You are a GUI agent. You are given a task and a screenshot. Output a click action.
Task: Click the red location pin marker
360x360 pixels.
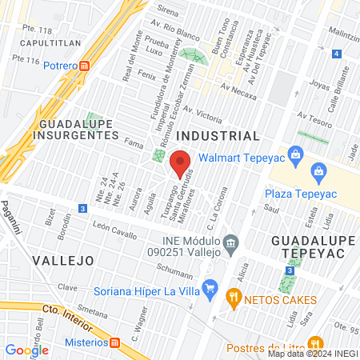pos(182,162)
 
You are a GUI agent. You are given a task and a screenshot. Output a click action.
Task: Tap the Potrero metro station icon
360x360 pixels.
pos(96,65)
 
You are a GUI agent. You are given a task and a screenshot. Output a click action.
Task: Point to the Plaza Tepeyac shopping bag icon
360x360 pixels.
pos(318,170)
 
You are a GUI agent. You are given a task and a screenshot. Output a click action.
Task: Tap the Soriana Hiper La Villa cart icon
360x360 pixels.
pos(210,286)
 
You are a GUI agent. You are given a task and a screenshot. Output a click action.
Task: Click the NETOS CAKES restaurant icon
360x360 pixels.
pos(234,300)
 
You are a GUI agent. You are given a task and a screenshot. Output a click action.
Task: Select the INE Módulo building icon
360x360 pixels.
pos(230,242)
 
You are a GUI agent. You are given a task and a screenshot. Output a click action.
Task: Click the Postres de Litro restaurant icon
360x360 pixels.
pos(317,344)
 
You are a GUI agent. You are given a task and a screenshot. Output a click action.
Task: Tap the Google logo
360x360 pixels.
pos(26,350)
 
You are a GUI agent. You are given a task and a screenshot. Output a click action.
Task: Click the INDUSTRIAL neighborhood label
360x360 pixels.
pos(218,136)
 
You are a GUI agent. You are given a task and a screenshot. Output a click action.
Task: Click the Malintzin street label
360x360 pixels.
pos(343,38)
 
